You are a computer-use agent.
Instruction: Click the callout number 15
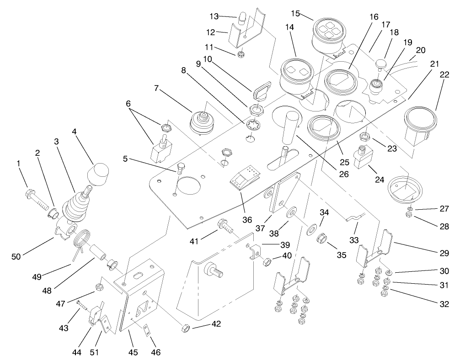click(x=295, y=13)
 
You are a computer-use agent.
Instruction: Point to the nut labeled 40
click(x=267, y=262)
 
